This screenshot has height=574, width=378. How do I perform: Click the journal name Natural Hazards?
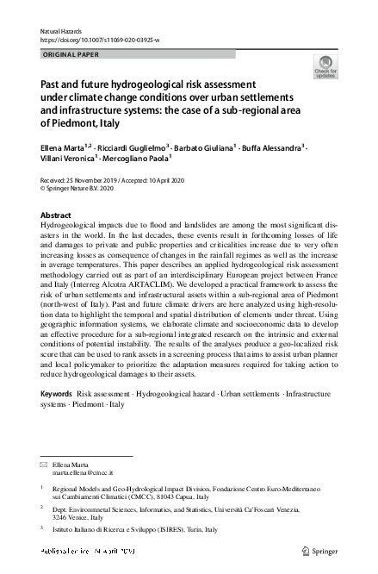click(x=59, y=28)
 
